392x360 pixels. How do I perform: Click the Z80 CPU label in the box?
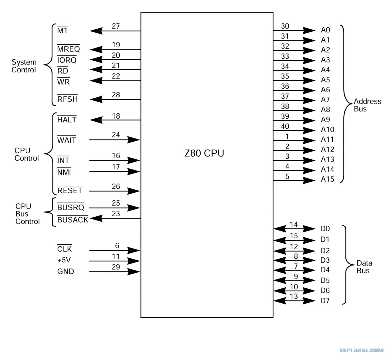204,153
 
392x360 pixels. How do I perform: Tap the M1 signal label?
62,30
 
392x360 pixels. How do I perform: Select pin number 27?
116,26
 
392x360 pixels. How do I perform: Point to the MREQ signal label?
68,49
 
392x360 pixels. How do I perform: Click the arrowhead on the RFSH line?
96,99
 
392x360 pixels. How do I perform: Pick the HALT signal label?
66,120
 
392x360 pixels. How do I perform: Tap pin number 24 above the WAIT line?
116,135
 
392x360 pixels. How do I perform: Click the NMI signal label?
64,172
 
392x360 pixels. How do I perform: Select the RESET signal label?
69,190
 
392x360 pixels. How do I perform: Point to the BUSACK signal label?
73,219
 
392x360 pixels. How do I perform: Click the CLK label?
65,249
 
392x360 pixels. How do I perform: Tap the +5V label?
64,260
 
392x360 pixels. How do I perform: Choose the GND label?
65,271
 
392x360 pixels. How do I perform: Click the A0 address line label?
326,30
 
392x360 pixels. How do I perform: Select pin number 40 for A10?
285,126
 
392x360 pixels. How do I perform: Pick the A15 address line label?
327,179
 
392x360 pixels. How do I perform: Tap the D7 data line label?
325,301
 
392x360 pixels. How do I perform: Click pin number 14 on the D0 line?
294,224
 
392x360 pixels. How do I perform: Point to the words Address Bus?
367,105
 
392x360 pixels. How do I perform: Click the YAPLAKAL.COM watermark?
361,350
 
